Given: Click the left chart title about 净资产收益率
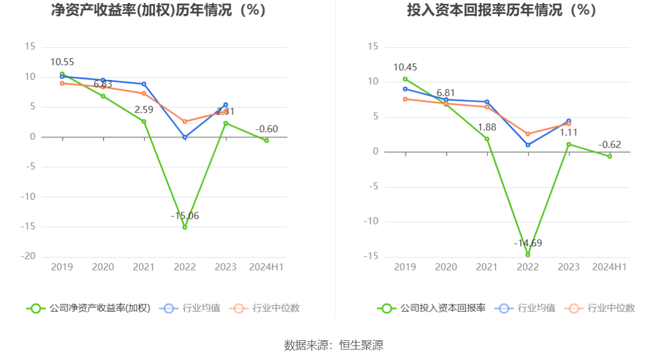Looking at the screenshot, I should pyautogui.click(x=159, y=10).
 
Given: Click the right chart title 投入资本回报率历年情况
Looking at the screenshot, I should pyautogui.click(x=502, y=10).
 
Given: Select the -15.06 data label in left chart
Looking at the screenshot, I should pyautogui.click(x=185, y=216).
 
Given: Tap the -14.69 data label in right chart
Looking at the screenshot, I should pyautogui.click(x=528, y=243).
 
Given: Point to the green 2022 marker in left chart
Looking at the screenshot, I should pyautogui.click(x=185, y=227).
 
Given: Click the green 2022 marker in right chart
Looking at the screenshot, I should pyautogui.click(x=528, y=255).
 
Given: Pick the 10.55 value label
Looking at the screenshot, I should pyautogui.click(x=62, y=62).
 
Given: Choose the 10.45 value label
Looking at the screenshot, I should pyautogui.click(x=405, y=67).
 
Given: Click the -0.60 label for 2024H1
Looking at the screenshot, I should pyautogui.click(x=267, y=129).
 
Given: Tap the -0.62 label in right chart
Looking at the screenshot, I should pyautogui.click(x=610, y=145).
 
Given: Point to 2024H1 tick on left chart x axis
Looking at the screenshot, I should pyautogui.click(x=266, y=267).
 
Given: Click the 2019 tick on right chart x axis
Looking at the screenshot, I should pyautogui.click(x=405, y=267).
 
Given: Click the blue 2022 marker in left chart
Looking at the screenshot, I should pyautogui.click(x=185, y=137).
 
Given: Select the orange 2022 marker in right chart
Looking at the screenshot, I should pyautogui.click(x=528, y=134).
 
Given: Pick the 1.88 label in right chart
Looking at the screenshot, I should pyautogui.click(x=487, y=127).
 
